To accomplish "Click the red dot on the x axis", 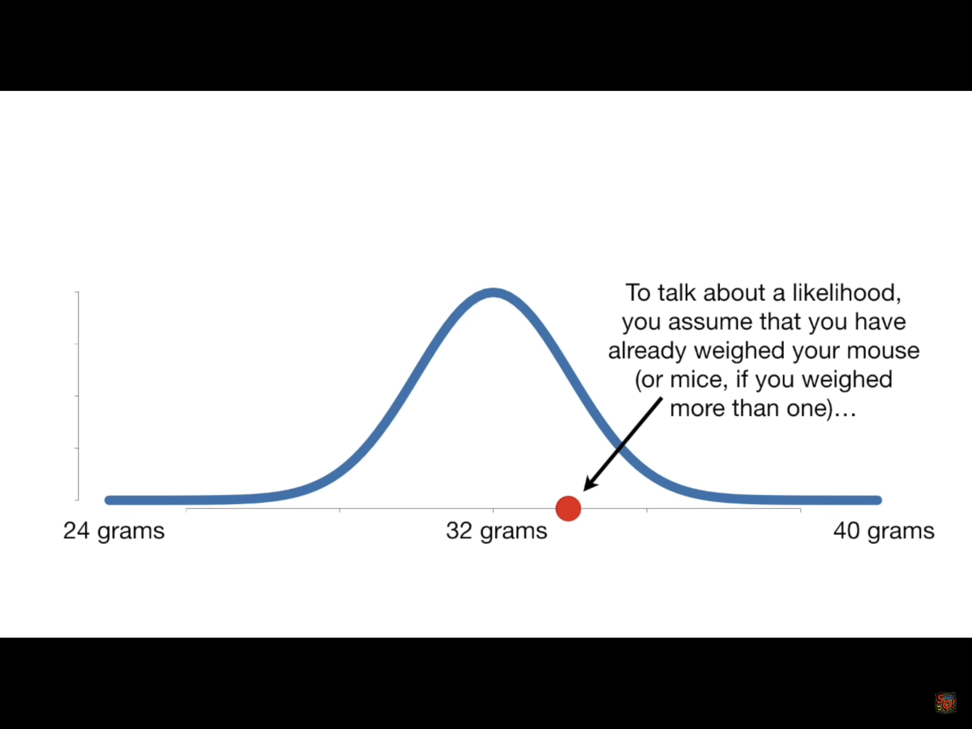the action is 568,508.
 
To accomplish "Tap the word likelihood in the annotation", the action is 846,293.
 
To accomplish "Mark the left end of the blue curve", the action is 108,500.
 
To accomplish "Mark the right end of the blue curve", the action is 878,500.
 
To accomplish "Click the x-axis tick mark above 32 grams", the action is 493,510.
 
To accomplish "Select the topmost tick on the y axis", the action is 77,292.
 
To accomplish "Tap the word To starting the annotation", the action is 638,293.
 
